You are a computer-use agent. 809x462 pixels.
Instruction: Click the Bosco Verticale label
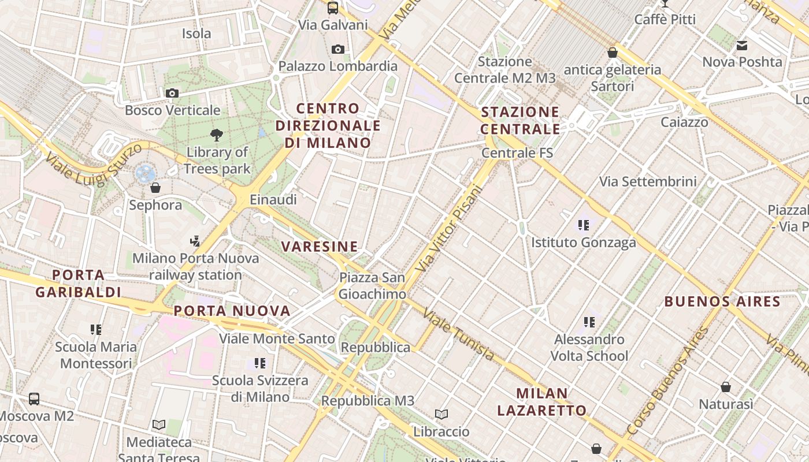click(172, 110)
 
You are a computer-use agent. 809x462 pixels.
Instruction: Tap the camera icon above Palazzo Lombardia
click(338, 50)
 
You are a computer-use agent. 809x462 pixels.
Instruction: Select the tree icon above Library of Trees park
click(217, 135)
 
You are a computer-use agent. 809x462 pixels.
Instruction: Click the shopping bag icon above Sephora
click(155, 188)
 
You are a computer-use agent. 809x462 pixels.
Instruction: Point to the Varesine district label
click(320, 247)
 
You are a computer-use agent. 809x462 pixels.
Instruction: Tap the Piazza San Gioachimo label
click(372, 286)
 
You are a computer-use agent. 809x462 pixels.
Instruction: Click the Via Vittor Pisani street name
click(448, 229)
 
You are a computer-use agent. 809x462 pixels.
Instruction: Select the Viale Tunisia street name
click(458, 334)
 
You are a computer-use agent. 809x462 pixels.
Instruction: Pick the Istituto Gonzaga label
click(584, 243)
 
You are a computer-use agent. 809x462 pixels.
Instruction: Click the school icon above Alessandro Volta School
click(589, 322)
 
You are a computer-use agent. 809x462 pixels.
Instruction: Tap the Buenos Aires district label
click(722, 301)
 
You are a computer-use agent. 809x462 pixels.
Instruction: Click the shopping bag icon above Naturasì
click(726, 387)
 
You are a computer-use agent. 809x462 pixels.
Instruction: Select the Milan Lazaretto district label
click(542, 402)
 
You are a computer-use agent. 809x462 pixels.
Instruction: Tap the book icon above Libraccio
click(441, 414)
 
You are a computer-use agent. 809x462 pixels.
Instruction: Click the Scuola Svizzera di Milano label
click(260, 389)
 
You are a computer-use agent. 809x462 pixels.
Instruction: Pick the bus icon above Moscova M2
click(34, 399)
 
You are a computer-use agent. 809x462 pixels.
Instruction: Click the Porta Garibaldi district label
click(78, 284)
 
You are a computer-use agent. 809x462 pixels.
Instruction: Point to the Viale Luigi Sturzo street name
click(92, 165)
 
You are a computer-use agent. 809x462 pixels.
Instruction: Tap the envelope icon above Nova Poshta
click(742, 45)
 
